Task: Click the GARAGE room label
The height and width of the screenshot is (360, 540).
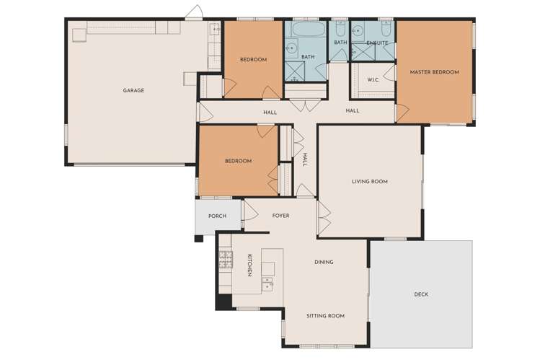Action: coord(133,90)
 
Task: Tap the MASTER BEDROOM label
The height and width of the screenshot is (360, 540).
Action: coord(434,72)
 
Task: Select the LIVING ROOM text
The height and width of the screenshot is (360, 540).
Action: coord(369,182)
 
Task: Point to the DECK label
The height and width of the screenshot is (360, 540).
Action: coord(421,294)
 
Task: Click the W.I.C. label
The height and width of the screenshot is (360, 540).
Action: coord(373,79)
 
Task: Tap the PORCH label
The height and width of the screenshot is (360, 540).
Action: coord(217,216)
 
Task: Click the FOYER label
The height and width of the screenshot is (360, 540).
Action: coord(280,216)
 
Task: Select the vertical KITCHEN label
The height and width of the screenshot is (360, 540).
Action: coord(249,265)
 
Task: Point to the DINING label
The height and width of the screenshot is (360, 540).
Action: coord(324,262)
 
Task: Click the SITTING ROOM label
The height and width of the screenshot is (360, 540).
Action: coord(326,315)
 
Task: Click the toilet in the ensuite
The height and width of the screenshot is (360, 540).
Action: coord(385,32)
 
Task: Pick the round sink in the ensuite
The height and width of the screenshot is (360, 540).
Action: coord(358,32)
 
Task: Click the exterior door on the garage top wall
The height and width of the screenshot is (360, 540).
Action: coord(192,14)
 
